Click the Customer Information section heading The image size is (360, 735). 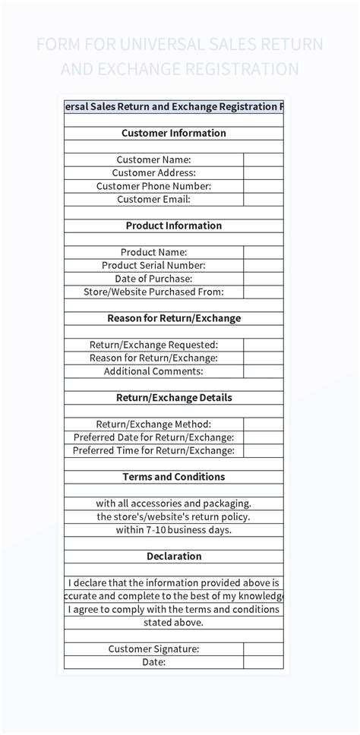[x=174, y=133]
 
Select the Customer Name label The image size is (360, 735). [x=153, y=159]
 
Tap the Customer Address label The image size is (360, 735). [x=154, y=172]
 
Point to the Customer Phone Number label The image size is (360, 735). [x=153, y=186]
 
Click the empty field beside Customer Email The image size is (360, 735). [x=264, y=199]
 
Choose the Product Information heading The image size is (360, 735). [x=174, y=226]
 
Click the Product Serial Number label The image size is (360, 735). [x=153, y=265]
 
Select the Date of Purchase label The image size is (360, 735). [x=153, y=279]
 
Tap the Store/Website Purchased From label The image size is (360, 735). [x=153, y=292]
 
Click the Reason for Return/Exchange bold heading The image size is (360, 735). [x=174, y=318]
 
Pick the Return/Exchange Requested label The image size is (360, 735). [x=153, y=345]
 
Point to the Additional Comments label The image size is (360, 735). [x=153, y=371]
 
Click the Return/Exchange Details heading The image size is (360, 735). [x=174, y=397]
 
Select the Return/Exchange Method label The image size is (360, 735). [x=153, y=424]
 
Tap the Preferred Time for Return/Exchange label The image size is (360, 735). [x=153, y=450]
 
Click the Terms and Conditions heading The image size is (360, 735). [x=174, y=477]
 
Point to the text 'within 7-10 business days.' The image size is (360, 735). [x=174, y=530]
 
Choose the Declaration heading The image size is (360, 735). [x=174, y=556]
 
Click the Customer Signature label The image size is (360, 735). [x=153, y=648]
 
